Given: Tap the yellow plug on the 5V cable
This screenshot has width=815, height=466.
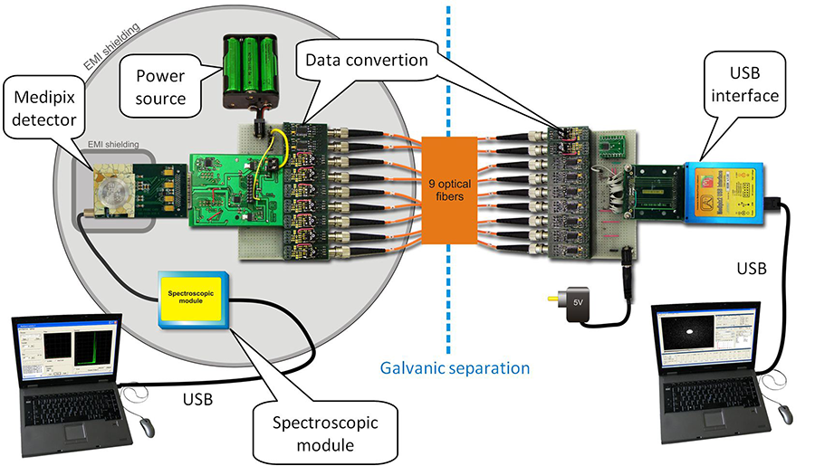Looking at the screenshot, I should [550, 295].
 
